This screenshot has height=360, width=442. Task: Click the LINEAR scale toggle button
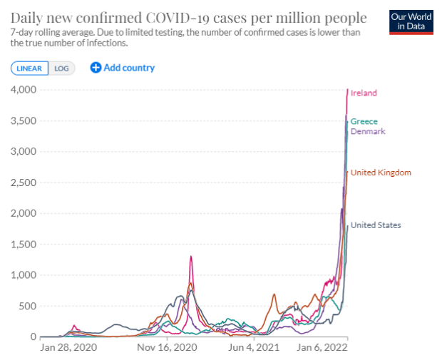coord(29,68)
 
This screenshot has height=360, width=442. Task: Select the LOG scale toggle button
coord(61,68)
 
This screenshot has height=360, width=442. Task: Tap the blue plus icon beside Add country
coord(96,68)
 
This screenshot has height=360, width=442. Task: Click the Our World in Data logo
coord(411,22)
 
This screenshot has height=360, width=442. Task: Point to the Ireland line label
coord(364,93)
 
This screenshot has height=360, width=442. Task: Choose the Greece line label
coord(364,121)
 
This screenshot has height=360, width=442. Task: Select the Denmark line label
coord(368,131)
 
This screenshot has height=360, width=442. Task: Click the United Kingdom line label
coord(381,173)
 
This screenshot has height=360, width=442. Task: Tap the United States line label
coord(376,225)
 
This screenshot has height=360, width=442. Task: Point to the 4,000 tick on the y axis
coord(24,90)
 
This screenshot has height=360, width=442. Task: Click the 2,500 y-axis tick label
coord(24,182)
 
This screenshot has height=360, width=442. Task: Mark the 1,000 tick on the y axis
coord(24,275)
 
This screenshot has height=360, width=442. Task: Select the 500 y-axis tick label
coord(28,306)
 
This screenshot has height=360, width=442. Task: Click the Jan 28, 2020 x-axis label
coord(68,347)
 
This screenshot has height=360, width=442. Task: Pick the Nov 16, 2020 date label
coord(167,347)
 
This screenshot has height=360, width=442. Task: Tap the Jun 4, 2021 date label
coord(254,347)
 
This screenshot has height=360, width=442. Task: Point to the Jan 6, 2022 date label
coord(322,347)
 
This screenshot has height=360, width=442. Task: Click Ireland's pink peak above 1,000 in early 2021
coord(191,256)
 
